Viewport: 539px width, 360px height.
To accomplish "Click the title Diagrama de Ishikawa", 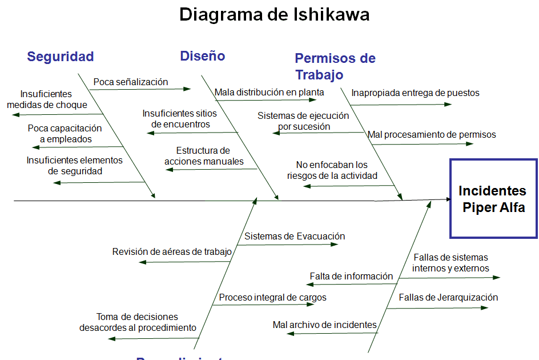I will (x=274, y=14).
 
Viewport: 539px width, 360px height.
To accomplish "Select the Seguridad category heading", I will (x=60, y=57).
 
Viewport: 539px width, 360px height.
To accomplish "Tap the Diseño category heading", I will (x=202, y=56).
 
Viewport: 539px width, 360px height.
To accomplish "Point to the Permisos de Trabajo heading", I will (x=335, y=66).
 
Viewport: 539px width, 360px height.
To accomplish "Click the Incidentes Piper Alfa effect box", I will (x=493, y=198).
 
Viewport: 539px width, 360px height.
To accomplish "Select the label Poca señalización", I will (x=131, y=82).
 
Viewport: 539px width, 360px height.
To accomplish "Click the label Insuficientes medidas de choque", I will (x=47, y=99).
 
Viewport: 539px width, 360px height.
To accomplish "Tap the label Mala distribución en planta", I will (x=269, y=92).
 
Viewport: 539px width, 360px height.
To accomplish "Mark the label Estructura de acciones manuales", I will (x=204, y=156).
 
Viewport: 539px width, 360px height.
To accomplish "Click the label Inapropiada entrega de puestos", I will (x=415, y=93).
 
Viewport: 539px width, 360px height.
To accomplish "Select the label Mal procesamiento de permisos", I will (x=432, y=135).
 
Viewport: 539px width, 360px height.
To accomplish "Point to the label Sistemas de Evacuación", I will (x=295, y=236).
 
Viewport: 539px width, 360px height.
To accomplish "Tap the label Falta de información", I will (x=351, y=276).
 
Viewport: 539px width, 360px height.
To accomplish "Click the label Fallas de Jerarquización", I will (x=448, y=297).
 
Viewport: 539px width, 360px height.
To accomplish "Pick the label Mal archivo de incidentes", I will (x=324, y=325).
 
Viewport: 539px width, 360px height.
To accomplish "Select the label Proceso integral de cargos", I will (x=272, y=297).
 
